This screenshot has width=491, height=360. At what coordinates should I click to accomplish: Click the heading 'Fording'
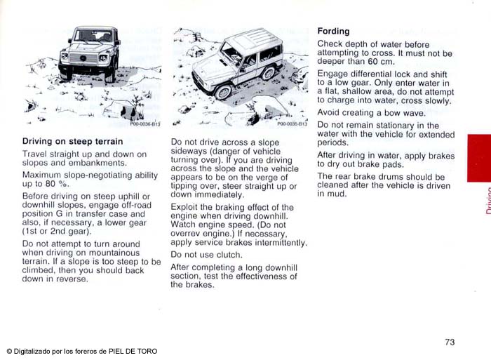tap(333, 32)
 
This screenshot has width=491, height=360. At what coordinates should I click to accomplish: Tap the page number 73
tap(450, 342)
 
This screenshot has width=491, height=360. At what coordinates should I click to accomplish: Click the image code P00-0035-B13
tap(292, 124)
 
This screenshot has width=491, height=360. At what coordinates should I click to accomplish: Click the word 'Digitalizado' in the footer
tap(34, 351)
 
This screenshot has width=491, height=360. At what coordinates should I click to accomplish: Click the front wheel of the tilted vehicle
tap(223, 91)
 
